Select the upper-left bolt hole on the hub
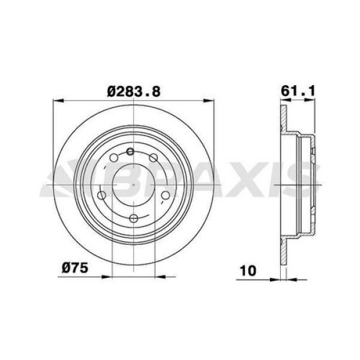coord(114,158)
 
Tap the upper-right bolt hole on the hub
coord(154,158)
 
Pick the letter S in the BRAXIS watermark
coord(303,180)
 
